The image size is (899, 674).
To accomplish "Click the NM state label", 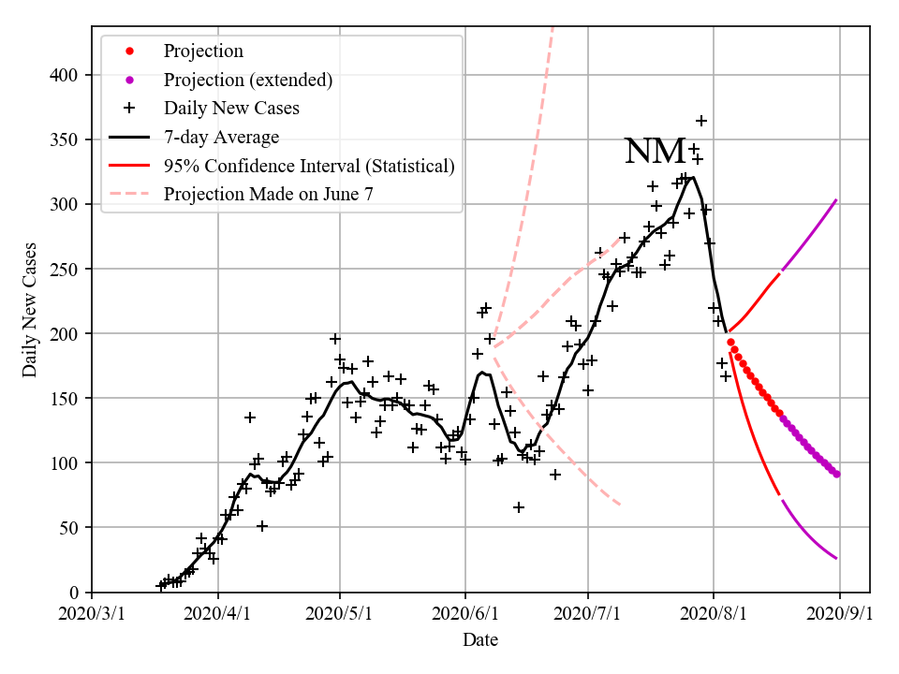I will (655, 152).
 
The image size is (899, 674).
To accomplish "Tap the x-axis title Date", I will (480, 640).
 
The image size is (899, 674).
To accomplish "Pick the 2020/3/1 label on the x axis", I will (92, 614).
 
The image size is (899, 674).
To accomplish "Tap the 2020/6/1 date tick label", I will (464, 614).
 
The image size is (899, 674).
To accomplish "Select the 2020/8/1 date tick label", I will (714, 614).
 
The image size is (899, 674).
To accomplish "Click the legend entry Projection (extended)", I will (247, 80).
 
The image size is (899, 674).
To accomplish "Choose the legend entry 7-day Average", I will (221, 138).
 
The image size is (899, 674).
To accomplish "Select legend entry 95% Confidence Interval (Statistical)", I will (309, 167).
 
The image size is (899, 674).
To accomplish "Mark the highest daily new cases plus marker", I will (701, 121).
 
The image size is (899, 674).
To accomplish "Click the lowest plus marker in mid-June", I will (519, 507).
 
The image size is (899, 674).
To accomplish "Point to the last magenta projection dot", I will (836, 474).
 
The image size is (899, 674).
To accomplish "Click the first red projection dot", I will (730, 342).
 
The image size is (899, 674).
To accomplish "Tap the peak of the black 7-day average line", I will (692, 177).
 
